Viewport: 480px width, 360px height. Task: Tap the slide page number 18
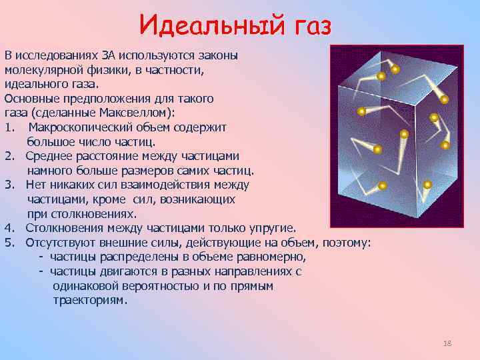[447, 343]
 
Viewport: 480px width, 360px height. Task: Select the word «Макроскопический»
[79, 127]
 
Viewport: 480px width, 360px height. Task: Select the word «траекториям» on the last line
[89, 301]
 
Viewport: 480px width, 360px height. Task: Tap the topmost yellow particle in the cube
[395, 69]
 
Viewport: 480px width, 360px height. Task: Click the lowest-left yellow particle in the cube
[382, 186]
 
